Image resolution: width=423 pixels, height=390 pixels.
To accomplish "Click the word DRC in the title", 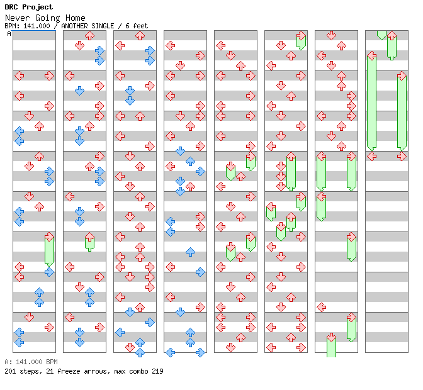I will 11,7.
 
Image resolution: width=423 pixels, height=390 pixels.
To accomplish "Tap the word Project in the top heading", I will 38,7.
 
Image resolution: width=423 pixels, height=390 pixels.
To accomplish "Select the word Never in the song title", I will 15,18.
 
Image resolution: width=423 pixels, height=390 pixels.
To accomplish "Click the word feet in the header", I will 140,26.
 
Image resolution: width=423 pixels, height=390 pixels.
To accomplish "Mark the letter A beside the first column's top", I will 9,34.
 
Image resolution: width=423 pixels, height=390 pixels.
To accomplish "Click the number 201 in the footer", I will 10,371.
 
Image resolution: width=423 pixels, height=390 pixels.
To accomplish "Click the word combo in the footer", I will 140,371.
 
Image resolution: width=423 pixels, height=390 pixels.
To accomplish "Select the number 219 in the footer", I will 157,371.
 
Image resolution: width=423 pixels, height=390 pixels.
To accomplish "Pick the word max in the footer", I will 120,371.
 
